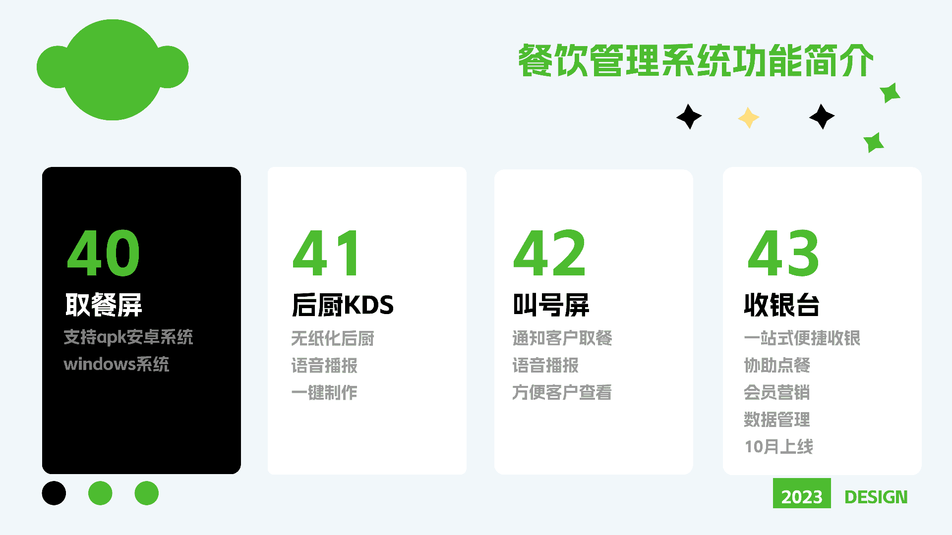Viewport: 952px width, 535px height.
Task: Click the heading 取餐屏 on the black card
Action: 104,305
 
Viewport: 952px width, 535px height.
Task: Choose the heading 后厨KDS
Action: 343,305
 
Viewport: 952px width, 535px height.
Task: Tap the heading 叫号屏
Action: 551,305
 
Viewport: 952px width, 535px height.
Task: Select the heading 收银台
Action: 781,305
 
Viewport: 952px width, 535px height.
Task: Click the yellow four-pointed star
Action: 749,118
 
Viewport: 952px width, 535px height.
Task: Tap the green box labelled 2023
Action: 802,493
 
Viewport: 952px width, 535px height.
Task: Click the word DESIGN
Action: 876,497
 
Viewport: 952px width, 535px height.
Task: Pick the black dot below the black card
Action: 54,493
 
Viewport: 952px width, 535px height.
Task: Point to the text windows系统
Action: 117,364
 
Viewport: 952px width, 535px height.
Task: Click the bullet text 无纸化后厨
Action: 333,338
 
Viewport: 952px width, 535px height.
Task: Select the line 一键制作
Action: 324,392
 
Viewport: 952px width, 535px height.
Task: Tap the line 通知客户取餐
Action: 562,338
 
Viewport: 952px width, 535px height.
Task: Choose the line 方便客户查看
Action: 562,392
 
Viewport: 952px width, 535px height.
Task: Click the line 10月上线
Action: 779,446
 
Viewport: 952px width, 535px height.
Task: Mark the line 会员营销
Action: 777,392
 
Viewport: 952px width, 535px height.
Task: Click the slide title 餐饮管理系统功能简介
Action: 696,60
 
